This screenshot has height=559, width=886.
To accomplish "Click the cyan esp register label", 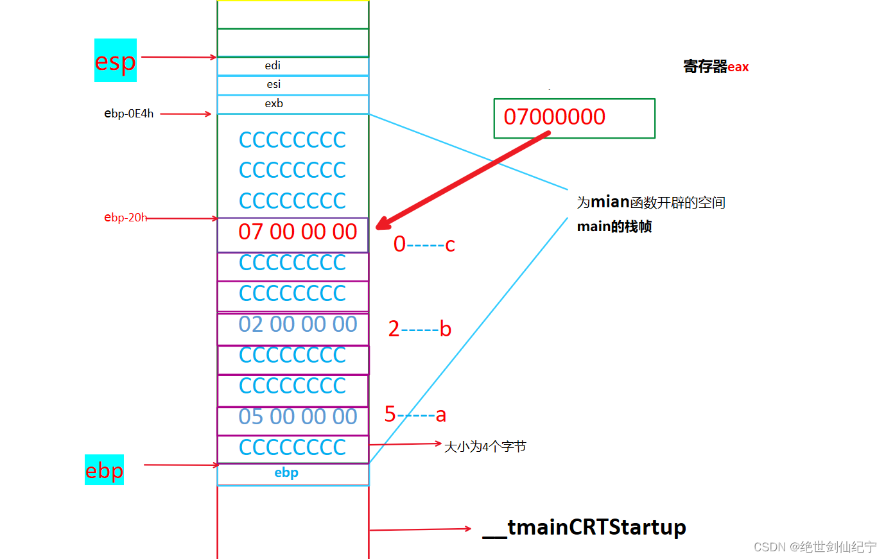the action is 115,60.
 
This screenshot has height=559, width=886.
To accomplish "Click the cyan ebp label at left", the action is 104,470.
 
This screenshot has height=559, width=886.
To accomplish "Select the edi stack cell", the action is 293,66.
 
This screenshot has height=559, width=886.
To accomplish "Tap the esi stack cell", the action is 293,85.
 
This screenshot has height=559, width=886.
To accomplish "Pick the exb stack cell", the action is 293,105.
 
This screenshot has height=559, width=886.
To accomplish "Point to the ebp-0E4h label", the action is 128,114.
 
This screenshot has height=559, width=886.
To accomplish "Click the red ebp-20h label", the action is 125,218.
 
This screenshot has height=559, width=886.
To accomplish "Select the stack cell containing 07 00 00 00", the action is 293,235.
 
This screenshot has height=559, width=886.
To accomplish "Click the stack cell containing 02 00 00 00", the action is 293,329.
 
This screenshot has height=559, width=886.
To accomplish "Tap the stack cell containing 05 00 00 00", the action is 293,420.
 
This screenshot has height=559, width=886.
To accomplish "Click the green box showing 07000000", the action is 575,118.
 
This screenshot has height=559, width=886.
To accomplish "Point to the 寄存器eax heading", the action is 716,66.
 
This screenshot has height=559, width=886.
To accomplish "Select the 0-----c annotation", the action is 424,244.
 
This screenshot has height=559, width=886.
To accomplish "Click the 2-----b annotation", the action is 420,329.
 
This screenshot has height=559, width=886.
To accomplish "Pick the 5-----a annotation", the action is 415,414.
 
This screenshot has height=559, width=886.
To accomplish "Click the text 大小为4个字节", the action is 485,447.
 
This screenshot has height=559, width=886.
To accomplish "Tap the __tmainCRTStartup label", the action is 584,528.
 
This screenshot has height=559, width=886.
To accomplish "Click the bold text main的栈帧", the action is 614,227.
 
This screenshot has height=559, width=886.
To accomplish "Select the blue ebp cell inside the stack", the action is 293,474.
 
